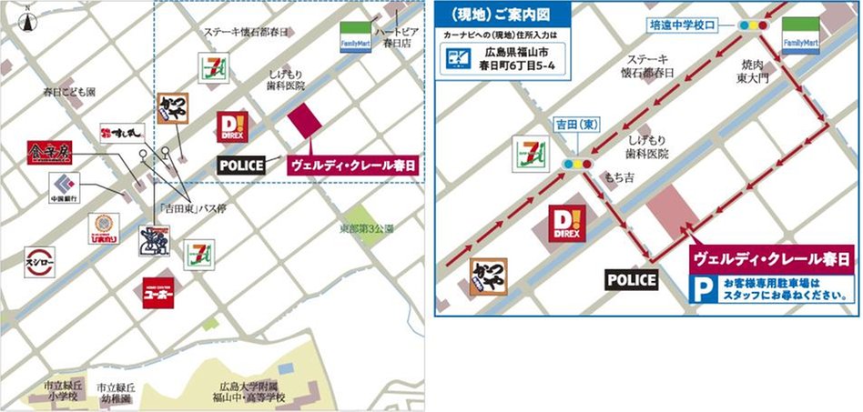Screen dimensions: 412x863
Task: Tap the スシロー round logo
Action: click(x=39, y=257)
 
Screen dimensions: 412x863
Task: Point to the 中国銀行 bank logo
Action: click(x=63, y=187)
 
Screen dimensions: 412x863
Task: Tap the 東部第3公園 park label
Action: click(x=366, y=228)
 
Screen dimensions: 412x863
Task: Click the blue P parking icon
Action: click(x=700, y=289)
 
